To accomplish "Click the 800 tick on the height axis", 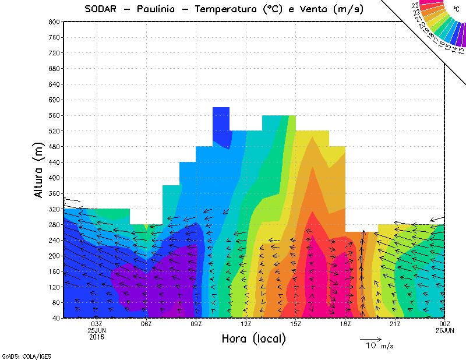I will click(55, 22).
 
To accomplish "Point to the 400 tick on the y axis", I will click(55, 178).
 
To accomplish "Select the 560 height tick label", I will click(55, 115).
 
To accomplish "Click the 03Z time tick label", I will click(97, 324).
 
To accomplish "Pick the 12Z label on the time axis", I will click(246, 324).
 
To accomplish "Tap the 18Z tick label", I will click(345, 324).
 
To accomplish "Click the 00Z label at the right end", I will click(445, 324).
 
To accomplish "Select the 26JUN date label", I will click(445, 330).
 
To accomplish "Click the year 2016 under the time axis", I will click(97, 337).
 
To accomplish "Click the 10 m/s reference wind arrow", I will click(370, 338).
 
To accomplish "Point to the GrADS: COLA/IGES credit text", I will click(22, 355).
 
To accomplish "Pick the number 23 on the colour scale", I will click(415, 6).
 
